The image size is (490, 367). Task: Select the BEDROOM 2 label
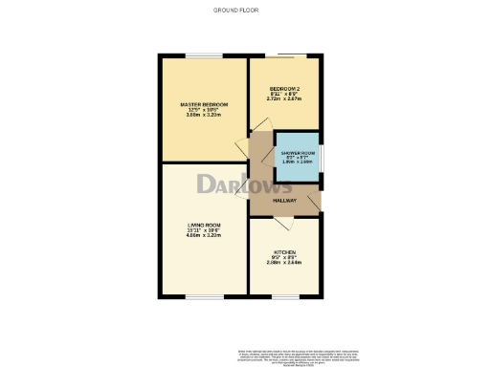pyautogui.click(x=284, y=88)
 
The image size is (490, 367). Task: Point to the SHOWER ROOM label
pyautogui.click(x=297, y=152)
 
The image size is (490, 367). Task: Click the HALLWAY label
pyautogui.click(x=285, y=201)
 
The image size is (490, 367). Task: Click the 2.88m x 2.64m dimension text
pyautogui.click(x=283, y=262)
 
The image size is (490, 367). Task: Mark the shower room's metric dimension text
pyautogui.click(x=297, y=162)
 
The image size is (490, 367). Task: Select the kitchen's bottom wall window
pyautogui.click(x=284, y=296)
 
